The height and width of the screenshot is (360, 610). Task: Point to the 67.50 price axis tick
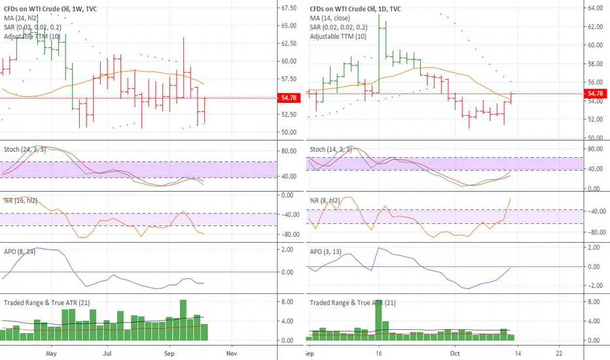pyautogui.click(x=288, y=9)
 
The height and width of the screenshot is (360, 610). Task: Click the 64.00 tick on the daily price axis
pyautogui.click(x=594, y=9)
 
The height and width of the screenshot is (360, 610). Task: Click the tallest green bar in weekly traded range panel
pyautogui.click(x=183, y=320)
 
